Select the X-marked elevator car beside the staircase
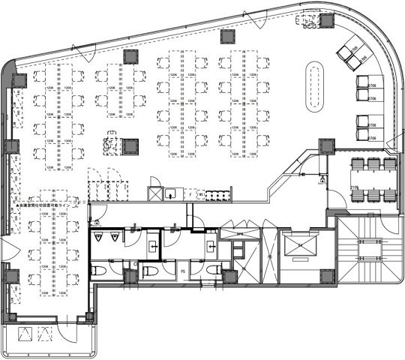point(299,245)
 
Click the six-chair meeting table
point(373,179)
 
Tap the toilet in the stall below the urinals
point(99,270)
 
